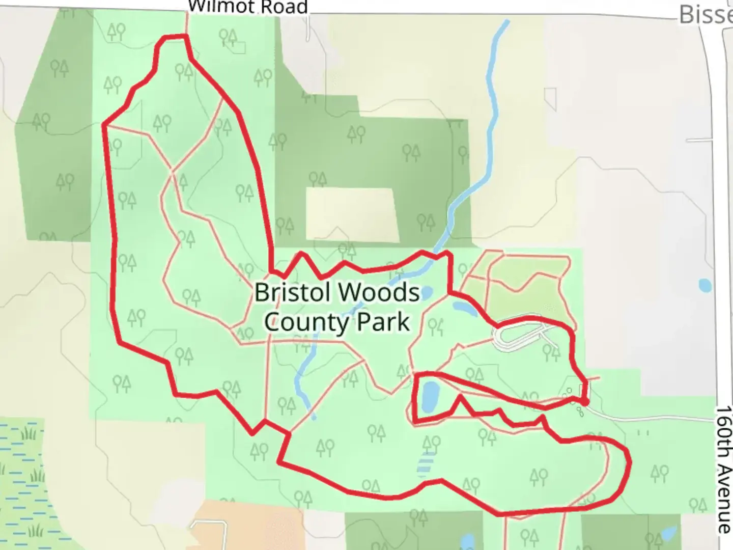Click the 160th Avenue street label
(x=723, y=469)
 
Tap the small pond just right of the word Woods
(x=427, y=292)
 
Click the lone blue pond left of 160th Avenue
(x=705, y=285)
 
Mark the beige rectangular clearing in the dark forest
(x=352, y=214)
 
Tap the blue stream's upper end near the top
(x=506, y=22)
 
